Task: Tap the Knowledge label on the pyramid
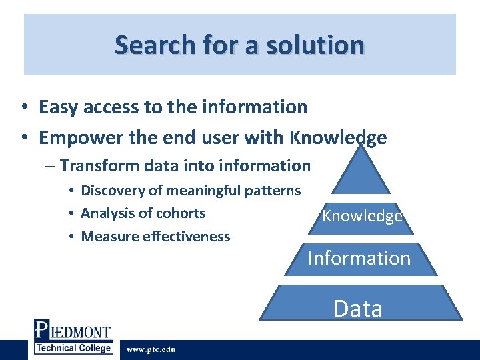362,216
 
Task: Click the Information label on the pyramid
359,258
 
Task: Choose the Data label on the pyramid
358,309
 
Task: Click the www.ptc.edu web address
151,349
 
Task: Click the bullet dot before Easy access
23,107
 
